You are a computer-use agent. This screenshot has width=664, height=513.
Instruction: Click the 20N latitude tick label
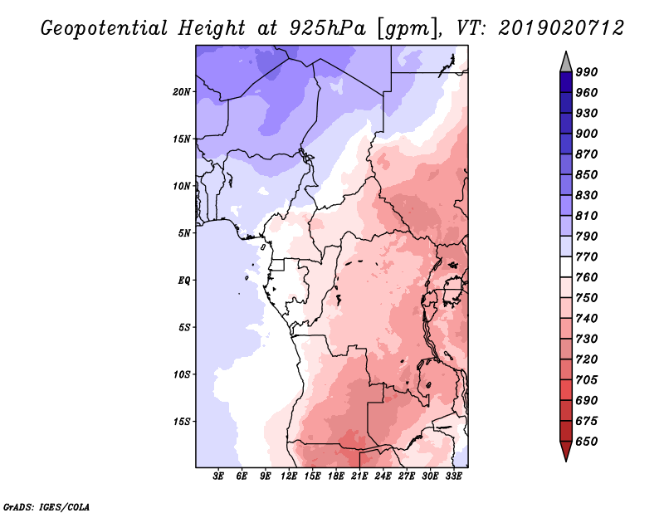coord(182,92)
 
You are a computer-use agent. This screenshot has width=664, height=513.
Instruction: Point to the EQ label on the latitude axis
coord(184,281)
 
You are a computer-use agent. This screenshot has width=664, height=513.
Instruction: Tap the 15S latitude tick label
coord(182,422)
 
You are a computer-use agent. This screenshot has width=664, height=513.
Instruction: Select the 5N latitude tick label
coord(184,233)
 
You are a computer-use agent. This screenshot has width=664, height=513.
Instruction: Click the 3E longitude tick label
coord(217,476)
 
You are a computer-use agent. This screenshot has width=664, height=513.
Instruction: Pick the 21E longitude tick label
coord(359,476)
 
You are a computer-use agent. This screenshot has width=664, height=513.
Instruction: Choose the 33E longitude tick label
coord(453,476)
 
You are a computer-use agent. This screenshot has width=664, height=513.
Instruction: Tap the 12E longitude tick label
coord(288,476)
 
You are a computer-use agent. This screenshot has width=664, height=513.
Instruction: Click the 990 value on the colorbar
coord(587,72)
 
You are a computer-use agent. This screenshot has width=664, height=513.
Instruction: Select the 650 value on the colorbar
coord(587,442)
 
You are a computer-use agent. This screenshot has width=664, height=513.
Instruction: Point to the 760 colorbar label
coord(587,277)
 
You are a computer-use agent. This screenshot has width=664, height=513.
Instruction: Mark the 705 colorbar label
coord(587,379)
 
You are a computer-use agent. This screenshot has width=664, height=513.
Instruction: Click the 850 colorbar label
coord(587,174)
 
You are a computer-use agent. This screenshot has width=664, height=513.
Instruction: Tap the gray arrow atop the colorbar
coord(566,62)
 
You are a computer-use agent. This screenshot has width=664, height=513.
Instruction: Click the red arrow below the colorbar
coord(566,451)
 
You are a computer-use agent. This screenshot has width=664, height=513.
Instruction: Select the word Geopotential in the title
coord(105,28)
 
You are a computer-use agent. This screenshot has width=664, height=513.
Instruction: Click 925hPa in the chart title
coord(328,28)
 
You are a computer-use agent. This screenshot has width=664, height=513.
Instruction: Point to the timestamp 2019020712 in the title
coord(561,28)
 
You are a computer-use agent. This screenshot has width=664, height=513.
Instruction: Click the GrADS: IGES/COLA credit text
coord(46,506)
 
